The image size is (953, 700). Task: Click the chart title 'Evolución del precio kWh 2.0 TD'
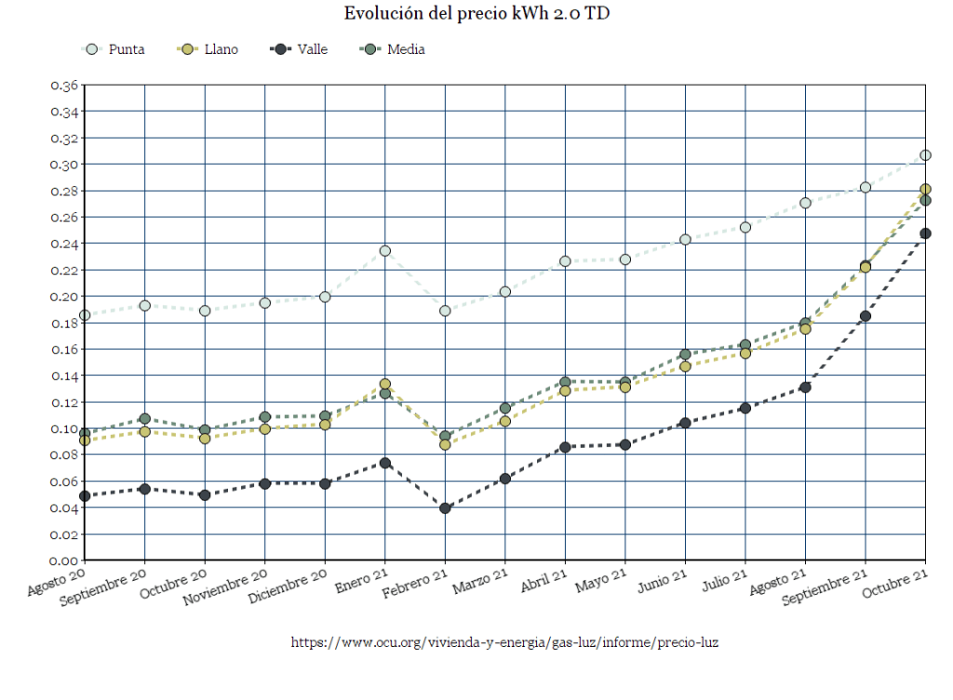pyautogui.click(x=476, y=13)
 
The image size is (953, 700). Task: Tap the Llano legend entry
pyautogui.click(x=208, y=49)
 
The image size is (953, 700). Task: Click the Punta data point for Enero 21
pyautogui.click(x=385, y=250)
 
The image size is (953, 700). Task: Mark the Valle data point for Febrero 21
pyautogui.click(x=445, y=508)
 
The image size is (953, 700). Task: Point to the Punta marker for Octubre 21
pyautogui.click(x=925, y=155)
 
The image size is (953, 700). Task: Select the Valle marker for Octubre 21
pyautogui.click(x=925, y=234)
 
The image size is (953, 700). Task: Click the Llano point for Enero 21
pyautogui.click(x=385, y=384)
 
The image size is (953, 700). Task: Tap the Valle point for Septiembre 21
pyautogui.click(x=866, y=316)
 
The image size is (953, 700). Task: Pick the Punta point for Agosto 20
pyautogui.click(x=86, y=316)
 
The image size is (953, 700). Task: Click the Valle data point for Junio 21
pyautogui.click(x=685, y=423)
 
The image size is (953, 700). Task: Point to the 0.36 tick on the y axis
pyautogui.click(x=64, y=86)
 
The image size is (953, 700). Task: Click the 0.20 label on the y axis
pyautogui.click(x=64, y=297)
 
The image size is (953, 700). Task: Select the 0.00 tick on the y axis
pyautogui.click(x=64, y=560)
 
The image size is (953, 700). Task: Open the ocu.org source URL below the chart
pyautogui.click(x=505, y=642)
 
